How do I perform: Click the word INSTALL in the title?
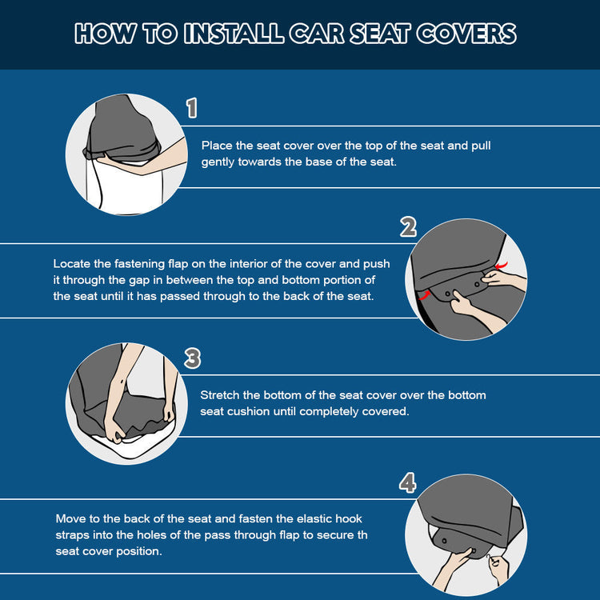[x=234, y=34]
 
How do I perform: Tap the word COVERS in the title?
[x=466, y=34]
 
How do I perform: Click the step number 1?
[x=192, y=107]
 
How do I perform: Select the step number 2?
[x=408, y=226]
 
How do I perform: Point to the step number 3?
[x=192, y=358]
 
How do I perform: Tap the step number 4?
[x=407, y=482]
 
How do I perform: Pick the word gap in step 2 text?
[x=139, y=281]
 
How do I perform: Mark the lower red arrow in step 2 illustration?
[x=424, y=294]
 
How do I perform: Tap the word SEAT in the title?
[x=380, y=34]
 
